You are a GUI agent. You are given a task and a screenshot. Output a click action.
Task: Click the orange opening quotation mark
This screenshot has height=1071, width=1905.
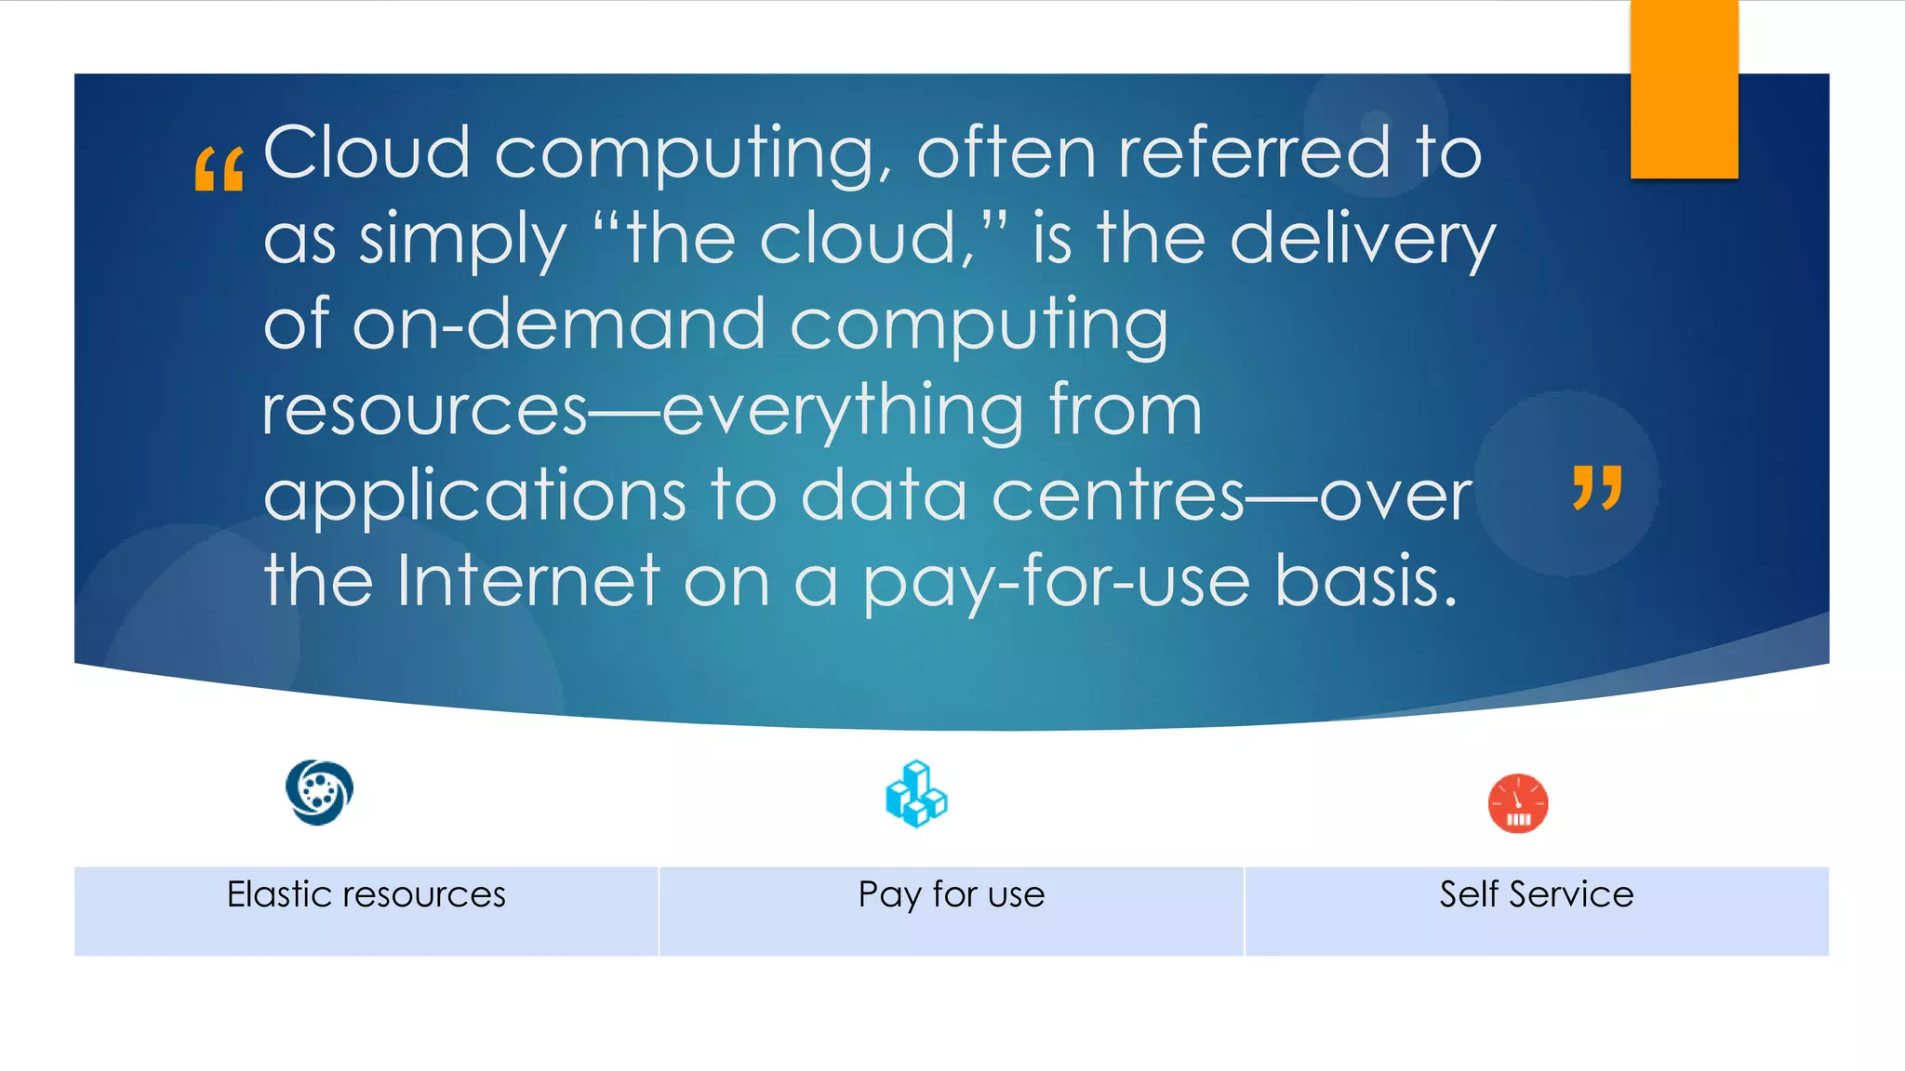tap(220, 169)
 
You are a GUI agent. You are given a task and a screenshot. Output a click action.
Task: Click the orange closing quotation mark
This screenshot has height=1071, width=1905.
tap(1597, 487)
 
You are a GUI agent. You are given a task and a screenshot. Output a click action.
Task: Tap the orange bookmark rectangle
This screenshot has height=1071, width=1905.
tap(1684, 89)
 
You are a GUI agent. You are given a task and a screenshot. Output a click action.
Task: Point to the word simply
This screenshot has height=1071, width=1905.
tap(462, 240)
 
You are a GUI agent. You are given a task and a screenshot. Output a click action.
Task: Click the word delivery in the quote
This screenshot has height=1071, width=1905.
tap(1363, 240)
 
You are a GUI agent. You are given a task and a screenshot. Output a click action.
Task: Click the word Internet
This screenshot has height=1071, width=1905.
tap(528, 581)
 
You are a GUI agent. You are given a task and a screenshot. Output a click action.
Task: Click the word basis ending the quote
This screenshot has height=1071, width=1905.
tap(1365, 581)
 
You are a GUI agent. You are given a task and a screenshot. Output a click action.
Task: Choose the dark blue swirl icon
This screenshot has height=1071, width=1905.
tap(319, 792)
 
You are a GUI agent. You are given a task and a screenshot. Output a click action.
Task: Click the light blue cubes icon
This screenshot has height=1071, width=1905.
tap(916, 794)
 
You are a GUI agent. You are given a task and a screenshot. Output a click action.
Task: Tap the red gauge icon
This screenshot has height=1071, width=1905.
tap(1517, 803)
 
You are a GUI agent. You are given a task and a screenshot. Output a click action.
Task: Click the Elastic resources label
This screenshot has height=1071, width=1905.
tap(366, 894)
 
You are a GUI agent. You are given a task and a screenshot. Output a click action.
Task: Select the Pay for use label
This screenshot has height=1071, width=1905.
tap(951, 894)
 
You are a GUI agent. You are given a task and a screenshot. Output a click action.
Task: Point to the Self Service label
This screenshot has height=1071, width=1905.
tap(1536, 894)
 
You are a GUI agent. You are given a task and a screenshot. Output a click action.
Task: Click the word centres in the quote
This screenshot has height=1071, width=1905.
tap(1117, 496)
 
